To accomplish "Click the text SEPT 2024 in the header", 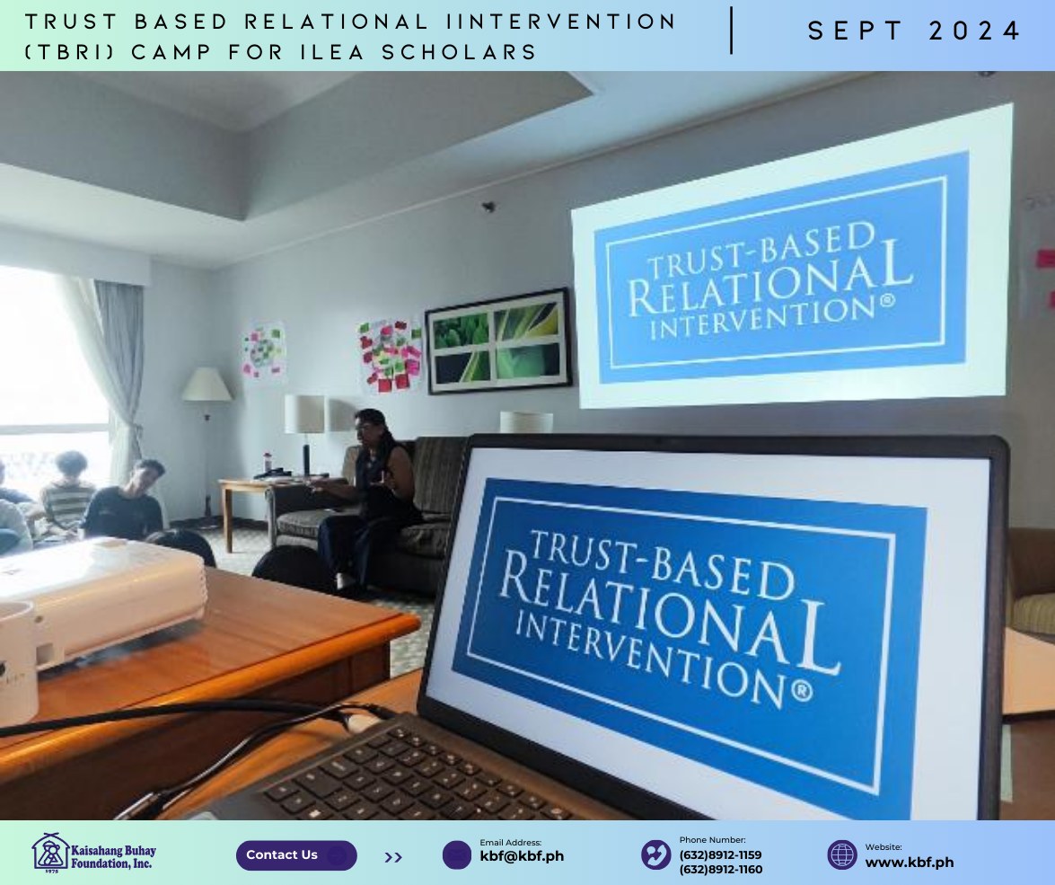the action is click(914, 31).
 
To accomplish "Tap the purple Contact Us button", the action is click(296, 855).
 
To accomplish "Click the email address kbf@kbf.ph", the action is click(522, 857).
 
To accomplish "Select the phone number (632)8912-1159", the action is click(720, 855).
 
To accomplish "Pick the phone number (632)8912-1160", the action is click(721, 870).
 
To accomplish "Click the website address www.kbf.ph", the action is click(909, 863).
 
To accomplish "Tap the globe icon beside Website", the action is click(841, 855).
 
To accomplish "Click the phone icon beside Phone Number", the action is click(655, 854).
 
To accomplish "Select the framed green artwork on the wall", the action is click(498, 341).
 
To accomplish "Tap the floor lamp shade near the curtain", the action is click(207, 384).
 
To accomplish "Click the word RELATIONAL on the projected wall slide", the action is click(770, 278).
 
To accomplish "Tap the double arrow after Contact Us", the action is click(393, 857).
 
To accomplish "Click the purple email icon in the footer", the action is click(457, 855).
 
